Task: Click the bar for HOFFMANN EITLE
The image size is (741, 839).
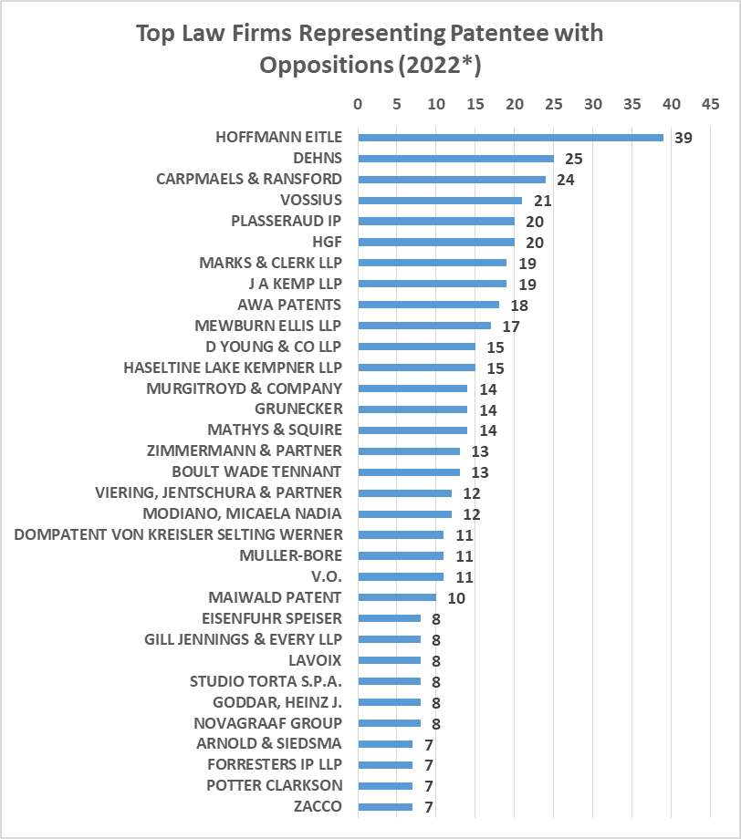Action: click(x=510, y=138)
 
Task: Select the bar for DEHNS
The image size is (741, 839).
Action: click(x=455, y=159)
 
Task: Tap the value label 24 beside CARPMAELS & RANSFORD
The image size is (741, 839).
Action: click(x=565, y=180)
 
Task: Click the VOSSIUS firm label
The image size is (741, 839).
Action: click(x=311, y=200)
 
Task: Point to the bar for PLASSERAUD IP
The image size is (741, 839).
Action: click(x=436, y=221)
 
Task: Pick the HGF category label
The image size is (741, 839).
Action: click(x=327, y=242)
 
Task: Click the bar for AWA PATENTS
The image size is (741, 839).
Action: click(x=428, y=305)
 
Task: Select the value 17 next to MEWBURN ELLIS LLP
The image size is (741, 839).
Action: click(x=510, y=326)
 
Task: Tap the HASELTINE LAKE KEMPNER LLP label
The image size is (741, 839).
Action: click(x=233, y=368)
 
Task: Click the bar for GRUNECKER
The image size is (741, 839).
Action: click(x=412, y=409)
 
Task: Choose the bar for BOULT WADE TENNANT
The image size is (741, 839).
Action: click(x=409, y=472)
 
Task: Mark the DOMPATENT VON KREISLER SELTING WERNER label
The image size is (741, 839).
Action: click(x=179, y=534)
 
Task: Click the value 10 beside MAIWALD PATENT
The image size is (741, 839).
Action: click(x=455, y=598)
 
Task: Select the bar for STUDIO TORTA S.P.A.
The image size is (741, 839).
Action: click(x=389, y=681)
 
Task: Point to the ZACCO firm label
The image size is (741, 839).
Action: click(x=318, y=806)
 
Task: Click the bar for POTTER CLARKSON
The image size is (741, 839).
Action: click(x=385, y=785)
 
